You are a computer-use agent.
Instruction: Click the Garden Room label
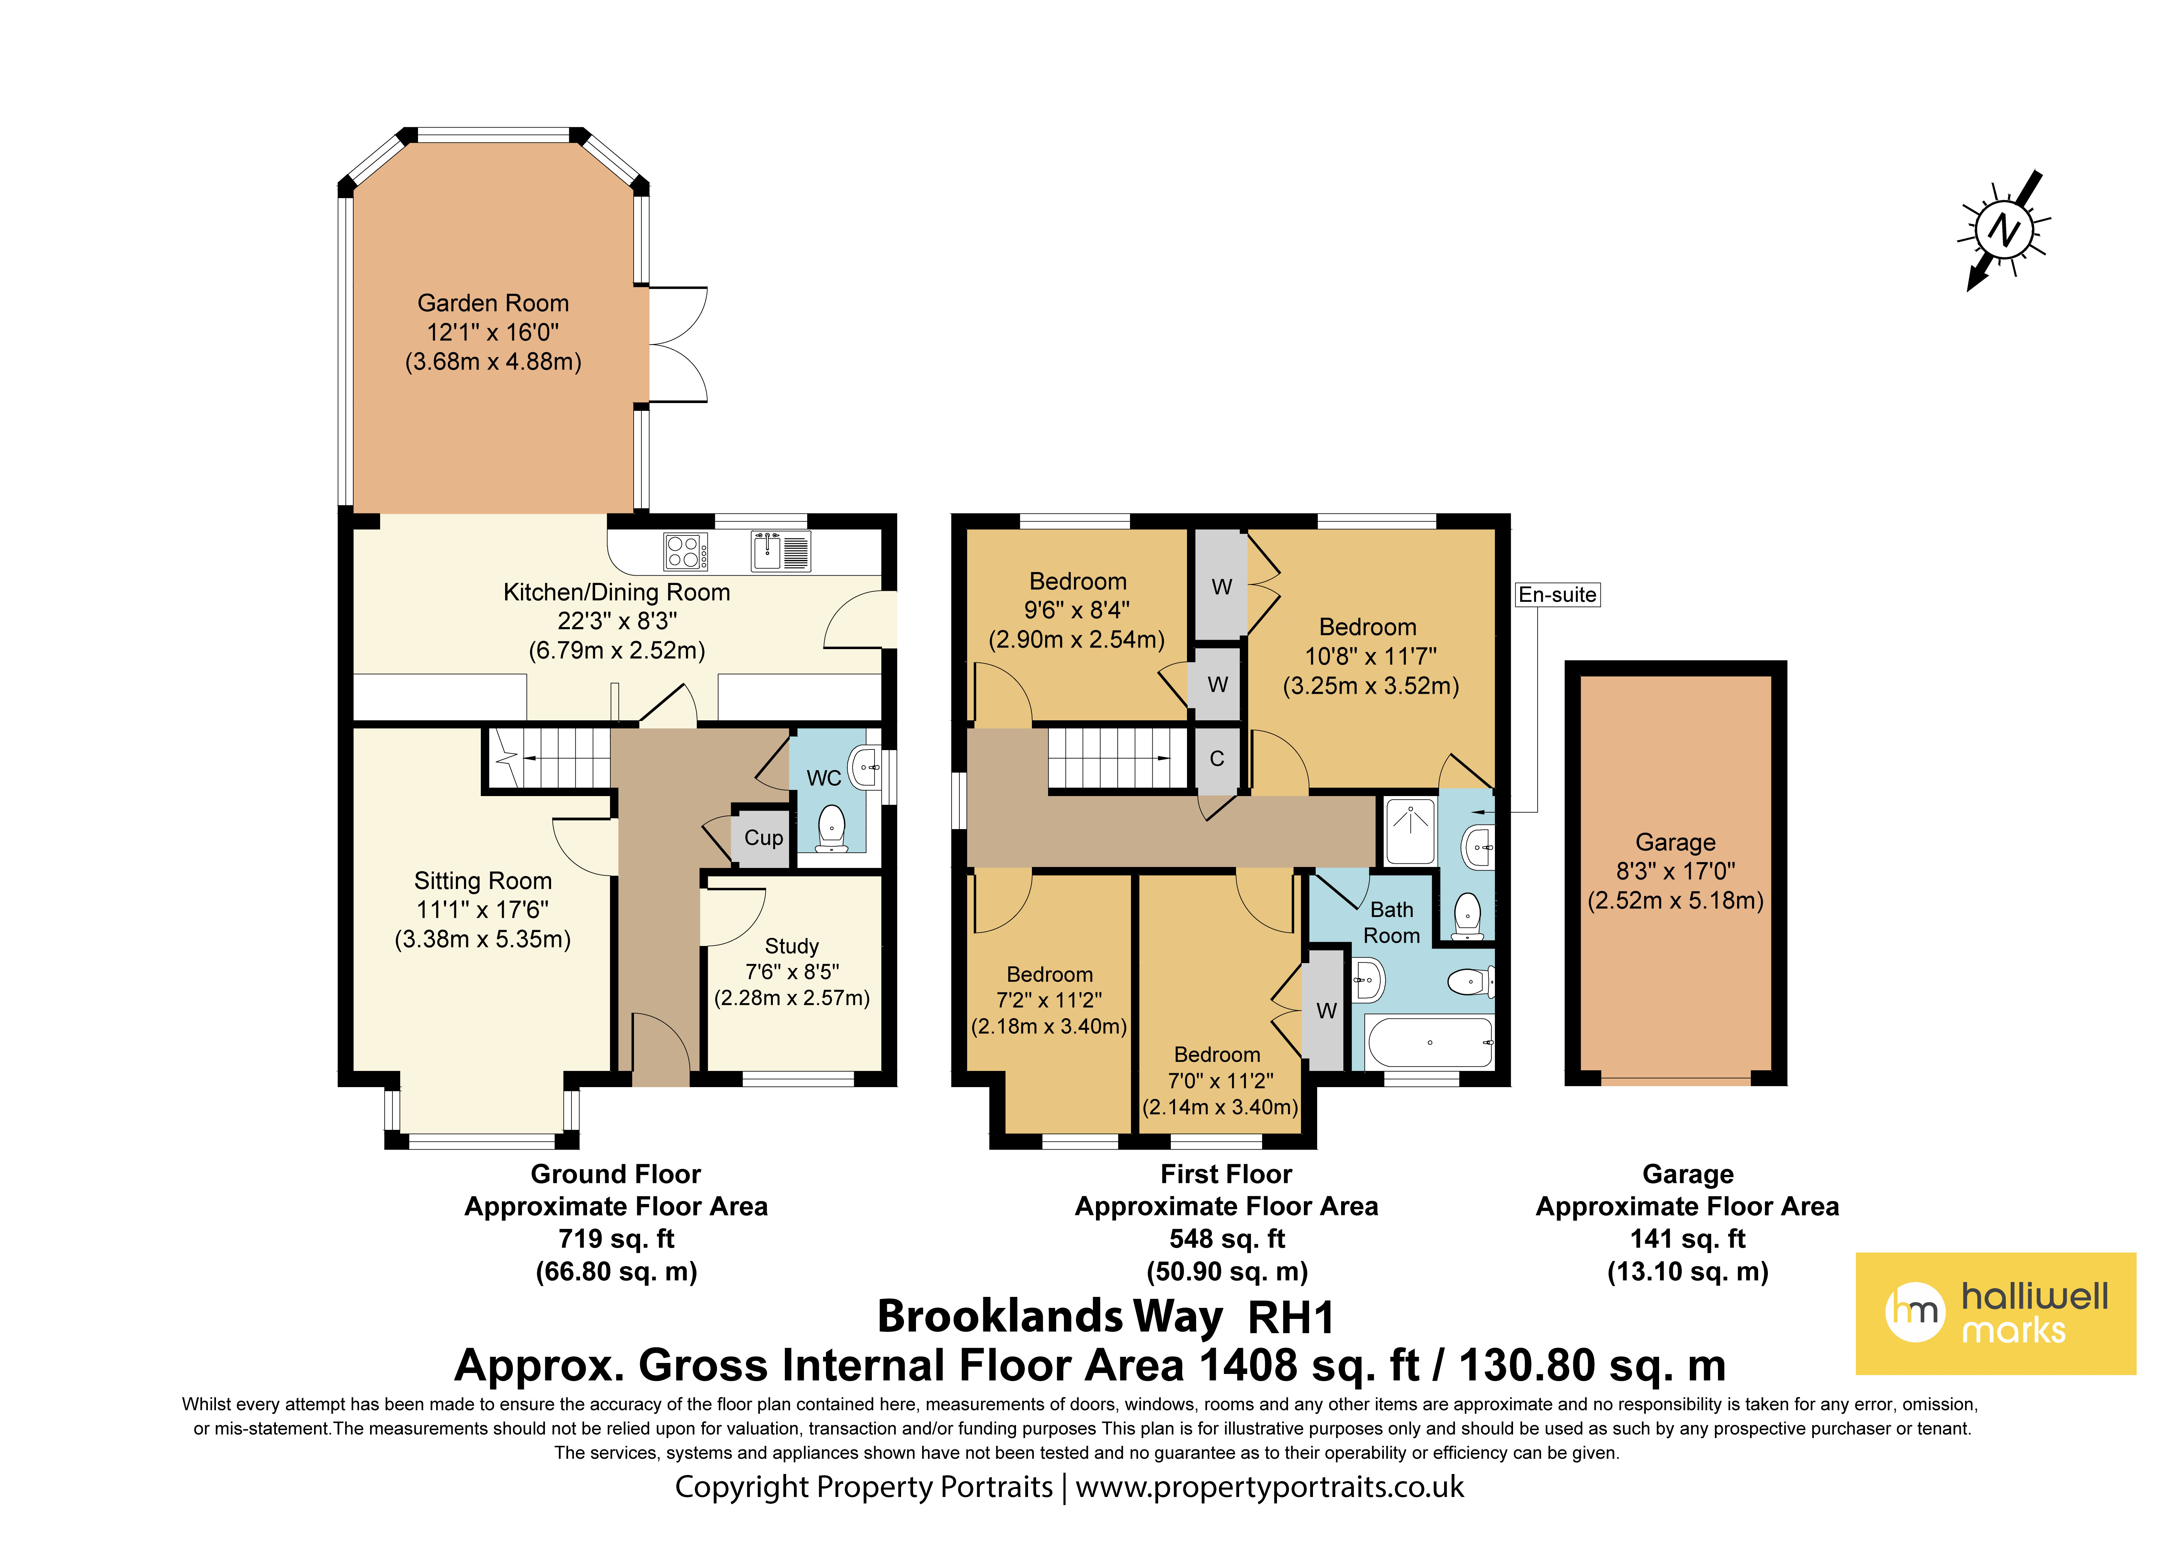pyautogui.click(x=493, y=303)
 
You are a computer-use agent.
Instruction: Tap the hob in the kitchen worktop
pyautogui.click(x=686, y=551)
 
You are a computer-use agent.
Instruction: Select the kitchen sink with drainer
pyautogui.click(x=781, y=551)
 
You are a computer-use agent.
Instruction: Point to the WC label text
pyautogui.click(x=824, y=778)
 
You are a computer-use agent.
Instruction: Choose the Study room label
pyautogui.click(x=791, y=946)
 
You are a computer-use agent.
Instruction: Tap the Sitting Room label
pyautogui.click(x=482, y=881)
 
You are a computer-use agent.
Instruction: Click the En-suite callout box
pyautogui.click(x=1558, y=595)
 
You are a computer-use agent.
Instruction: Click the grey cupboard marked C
pyautogui.click(x=1217, y=759)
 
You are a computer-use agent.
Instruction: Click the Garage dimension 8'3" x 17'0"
pyautogui.click(x=1676, y=871)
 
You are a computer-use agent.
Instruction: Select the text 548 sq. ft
pyautogui.click(x=1226, y=1239)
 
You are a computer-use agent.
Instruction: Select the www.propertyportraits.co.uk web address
pyautogui.click(x=1270, y=1487)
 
